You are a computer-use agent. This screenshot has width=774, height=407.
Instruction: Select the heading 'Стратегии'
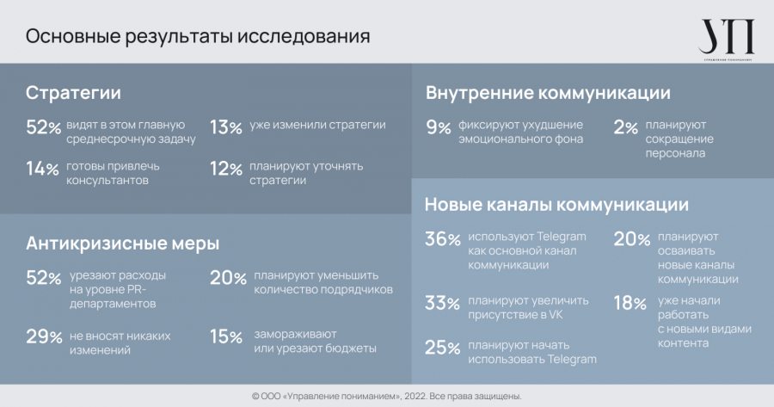click(x=73, y=93)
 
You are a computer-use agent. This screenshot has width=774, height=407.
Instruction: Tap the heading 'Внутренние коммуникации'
click(x=548, y=93)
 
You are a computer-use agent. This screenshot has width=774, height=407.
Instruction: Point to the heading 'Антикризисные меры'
click(x=122, y=243)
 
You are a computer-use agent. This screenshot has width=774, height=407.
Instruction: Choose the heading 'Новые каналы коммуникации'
click(x=556, y=205)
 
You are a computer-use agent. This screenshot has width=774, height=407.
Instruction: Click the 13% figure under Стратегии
click(x=224, y=128)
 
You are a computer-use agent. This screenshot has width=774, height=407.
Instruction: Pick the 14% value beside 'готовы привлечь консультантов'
click(x=42, y=169)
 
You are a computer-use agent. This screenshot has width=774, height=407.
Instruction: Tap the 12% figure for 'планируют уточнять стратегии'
click(x=224, y=169)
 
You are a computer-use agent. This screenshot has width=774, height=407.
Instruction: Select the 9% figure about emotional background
click(x=439, y=128)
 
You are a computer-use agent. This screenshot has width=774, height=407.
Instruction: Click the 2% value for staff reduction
click(x=625, y=128)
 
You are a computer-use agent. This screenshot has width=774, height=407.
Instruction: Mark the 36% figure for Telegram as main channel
click(x=443, y=240)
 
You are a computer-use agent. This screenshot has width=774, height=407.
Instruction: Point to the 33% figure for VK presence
click(x=443, y=303)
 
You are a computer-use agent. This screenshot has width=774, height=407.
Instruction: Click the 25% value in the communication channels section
click(x=443, y=348)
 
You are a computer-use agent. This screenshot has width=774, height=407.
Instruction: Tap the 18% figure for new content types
click(x=630, y=303)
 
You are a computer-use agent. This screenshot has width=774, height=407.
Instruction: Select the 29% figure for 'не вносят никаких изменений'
click(x=44, y=337)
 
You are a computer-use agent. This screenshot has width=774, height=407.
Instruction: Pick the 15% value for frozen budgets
click(x=224, y=337)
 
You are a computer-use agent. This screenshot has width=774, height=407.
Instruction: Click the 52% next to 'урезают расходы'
click(x=44, y=279)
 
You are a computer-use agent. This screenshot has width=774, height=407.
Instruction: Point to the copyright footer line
click(x=387, y=396)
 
